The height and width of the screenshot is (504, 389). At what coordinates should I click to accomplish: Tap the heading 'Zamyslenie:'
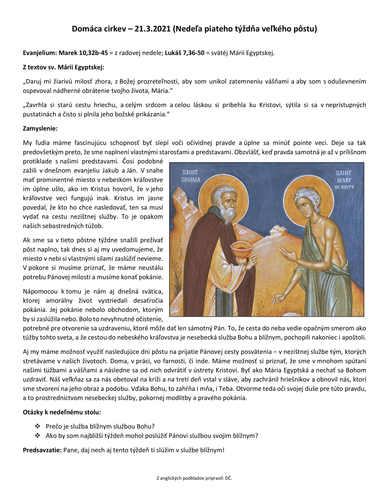[x=40, y=128]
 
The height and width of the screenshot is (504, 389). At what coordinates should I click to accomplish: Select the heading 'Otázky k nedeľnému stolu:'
[x=62, y=412]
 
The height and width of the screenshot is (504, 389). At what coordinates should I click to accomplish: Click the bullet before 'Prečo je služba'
[x=38, y=426]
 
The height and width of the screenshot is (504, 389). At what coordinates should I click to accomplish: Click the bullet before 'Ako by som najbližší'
[x=38, y=436]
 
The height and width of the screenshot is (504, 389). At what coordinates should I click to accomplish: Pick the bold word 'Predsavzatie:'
[x=42, y=450]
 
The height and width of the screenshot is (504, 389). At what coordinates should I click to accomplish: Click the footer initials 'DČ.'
[x=229, y=478]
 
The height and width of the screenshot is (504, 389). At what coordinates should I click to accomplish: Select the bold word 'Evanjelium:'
[x=40, y=53]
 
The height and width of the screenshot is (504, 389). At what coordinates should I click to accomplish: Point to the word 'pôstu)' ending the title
[x=305, y=29]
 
